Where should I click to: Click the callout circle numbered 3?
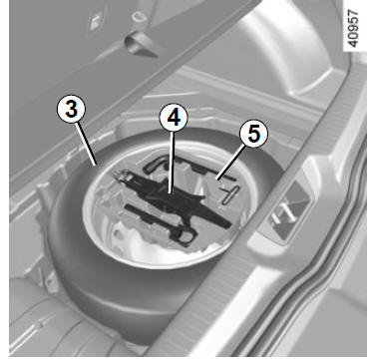(71, 109)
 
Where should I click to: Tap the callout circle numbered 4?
(174, 118)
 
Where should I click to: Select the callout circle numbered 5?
(253, 134)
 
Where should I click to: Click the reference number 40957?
(354, 28)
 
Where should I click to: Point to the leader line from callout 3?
(86, 144)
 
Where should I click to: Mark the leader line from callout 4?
(172, 163)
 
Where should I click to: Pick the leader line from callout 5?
(230, 164)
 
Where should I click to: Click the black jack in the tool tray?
(173, 196)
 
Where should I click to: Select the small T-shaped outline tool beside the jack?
(230, 194)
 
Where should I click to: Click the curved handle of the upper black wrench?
(156, 165)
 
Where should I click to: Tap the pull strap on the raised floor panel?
(140, 46)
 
